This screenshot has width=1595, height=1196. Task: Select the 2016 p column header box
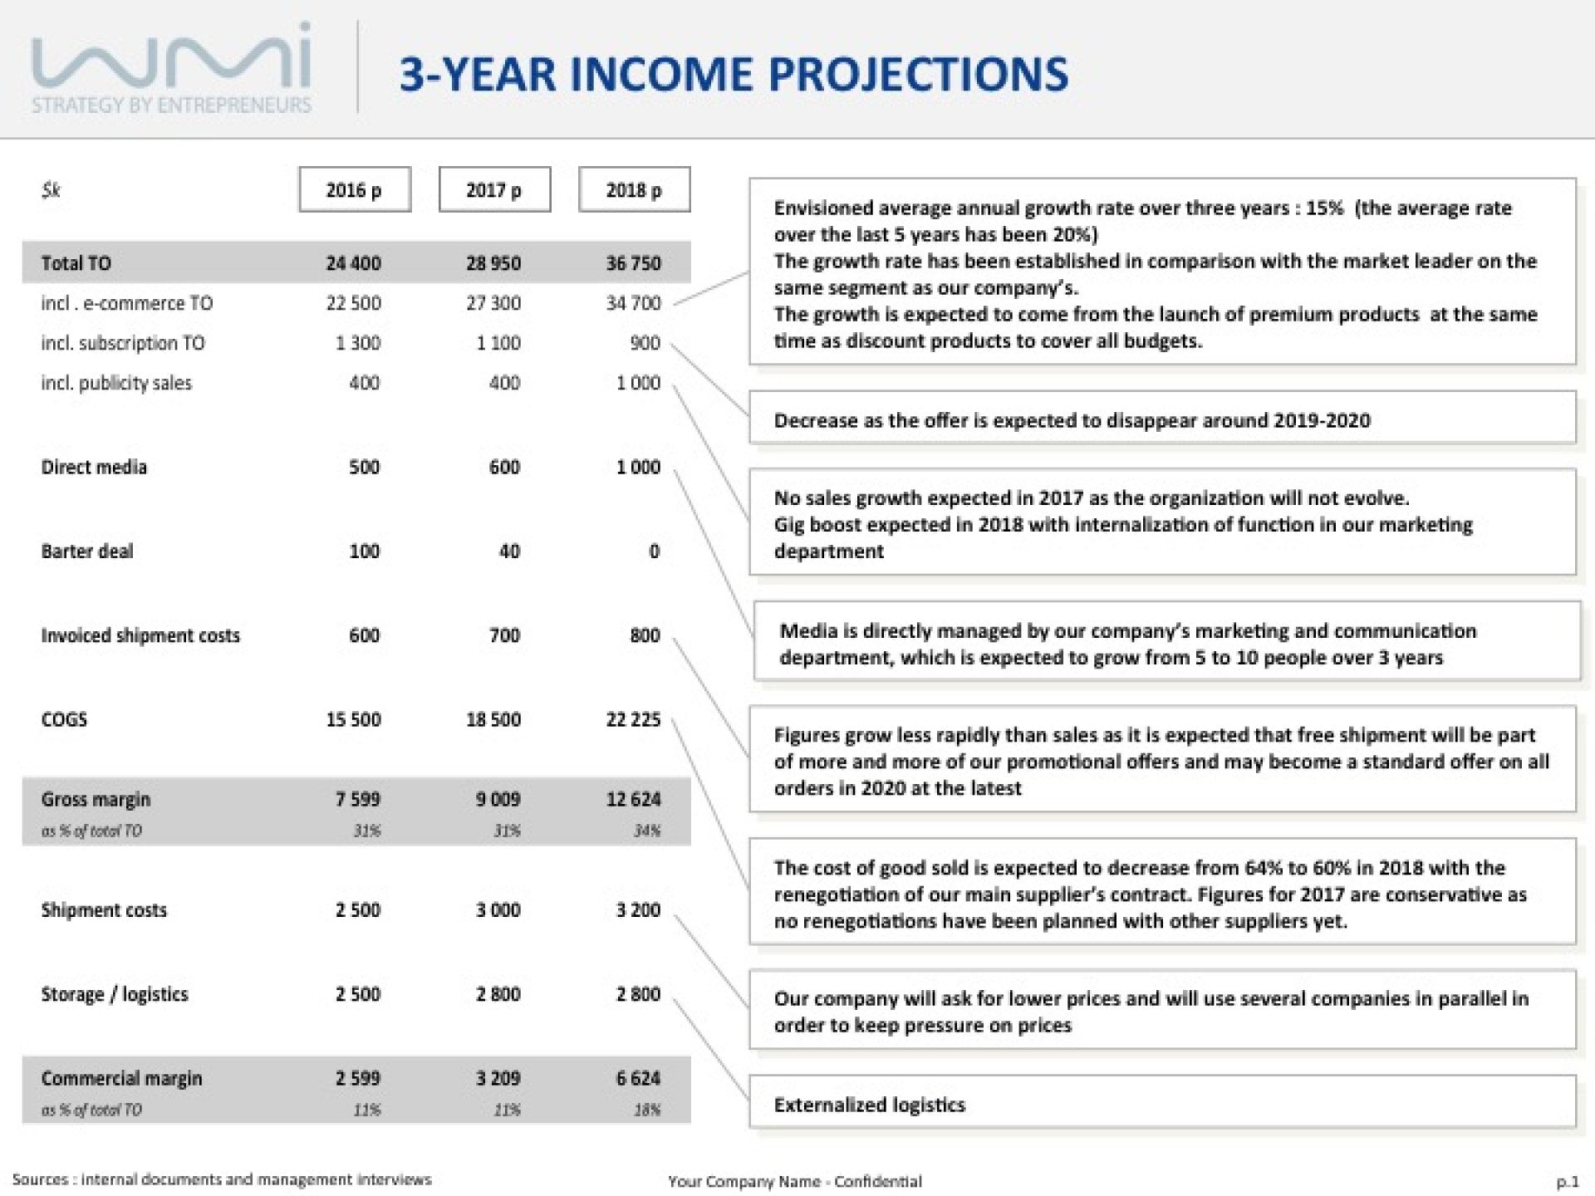click(355, 189)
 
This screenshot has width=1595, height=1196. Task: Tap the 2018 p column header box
click(634, 189)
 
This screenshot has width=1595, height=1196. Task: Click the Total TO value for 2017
click(493, 263)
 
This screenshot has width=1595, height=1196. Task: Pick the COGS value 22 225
click(633, 719)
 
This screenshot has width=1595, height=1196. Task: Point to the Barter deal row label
click(87, 551)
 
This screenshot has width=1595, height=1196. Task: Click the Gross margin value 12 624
click(633, 799)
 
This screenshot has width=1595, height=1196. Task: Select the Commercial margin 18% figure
click(647, 1110)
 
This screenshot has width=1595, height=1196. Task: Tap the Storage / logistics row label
click(115, 994)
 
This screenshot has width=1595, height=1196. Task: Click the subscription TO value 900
click(645, 343)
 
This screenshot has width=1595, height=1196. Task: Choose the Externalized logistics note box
click(1162, 1102)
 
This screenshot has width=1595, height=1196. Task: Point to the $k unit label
click(51, 190)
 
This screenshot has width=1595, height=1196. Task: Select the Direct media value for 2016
click(364, 467)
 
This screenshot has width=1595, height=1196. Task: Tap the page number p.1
click(1567, 1181)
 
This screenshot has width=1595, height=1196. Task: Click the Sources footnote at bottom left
click(222, 1179)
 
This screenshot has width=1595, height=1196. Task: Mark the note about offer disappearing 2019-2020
click(1162, 418)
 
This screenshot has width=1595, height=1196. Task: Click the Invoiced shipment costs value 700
click(504, 635)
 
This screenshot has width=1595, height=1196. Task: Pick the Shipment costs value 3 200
click(638, 910)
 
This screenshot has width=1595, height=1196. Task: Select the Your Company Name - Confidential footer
click(795, 1181)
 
